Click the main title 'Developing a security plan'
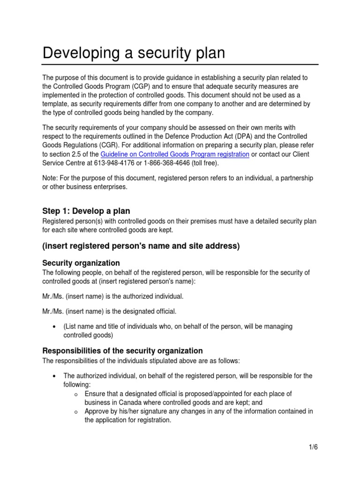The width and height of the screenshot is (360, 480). pyautogui.click(x=134, y=53)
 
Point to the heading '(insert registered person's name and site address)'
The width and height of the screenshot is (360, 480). pyautogui.click(x=141, y=246)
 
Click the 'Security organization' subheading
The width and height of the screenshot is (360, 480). pyautogui.click(x=81, y=262)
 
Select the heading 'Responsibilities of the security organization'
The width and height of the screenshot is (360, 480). pyautogui.click(x=122, y=351)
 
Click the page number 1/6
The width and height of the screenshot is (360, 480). pyautogui.click(x=313, y=447)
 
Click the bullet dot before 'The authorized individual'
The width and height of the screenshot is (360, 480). pyautogui.click(x=54, y=376)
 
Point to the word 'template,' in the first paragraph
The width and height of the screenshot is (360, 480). pyautogui.click(x=57, y=104)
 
